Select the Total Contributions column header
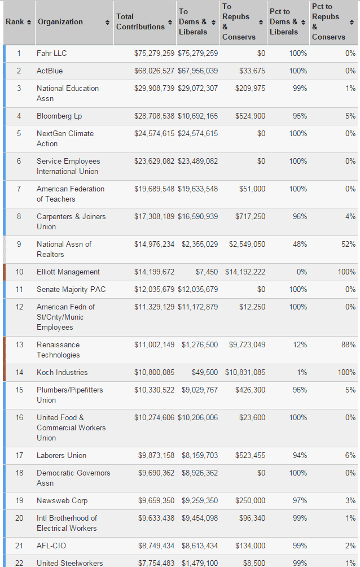point(140,22)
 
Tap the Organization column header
point(60,22)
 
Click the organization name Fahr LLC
point(51,53)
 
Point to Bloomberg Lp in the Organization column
point(59,116)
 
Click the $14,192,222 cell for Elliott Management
point(245,272)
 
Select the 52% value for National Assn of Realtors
point(348,244)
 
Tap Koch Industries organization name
point(62,372)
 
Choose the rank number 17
point(19,455)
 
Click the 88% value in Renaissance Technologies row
point(348,344)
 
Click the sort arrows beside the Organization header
point(107,22)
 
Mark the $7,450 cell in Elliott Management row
point(207,272)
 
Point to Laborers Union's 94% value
point(300,455)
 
